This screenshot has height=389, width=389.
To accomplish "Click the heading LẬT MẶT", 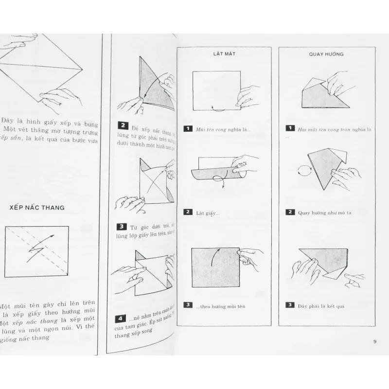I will coord(224,54).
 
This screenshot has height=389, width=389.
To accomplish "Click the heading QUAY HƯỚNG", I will coord(326,54).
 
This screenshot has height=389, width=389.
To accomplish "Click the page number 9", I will coord(375,341).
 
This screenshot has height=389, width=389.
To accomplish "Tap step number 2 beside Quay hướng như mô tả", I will coord(290,212).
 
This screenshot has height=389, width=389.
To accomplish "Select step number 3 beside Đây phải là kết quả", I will coord(290,305).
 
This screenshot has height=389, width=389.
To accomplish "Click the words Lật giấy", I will coord(208,212).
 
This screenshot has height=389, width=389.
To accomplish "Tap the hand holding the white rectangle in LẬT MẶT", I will coord(248,95).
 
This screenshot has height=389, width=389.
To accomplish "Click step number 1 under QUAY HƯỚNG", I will coord(290,129).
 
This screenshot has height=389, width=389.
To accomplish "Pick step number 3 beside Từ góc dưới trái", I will coord(122,227).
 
